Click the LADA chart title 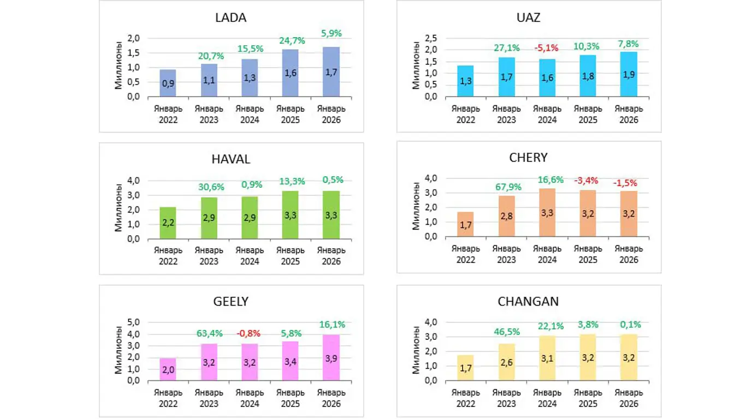click(x=231, y=17)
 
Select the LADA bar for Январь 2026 click(x=331, y=72)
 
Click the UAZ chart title click(x=528, y=17)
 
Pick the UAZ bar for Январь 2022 click(x=465, y=81)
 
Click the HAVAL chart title click(x=231, y=159)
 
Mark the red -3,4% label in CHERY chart click(x=588, y=181)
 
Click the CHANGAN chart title click(x=528, y=301)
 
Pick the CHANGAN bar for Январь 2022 click(x=465, y=368)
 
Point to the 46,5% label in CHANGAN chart click(x=507, y=331)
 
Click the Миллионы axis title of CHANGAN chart click(x=416, y=352)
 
